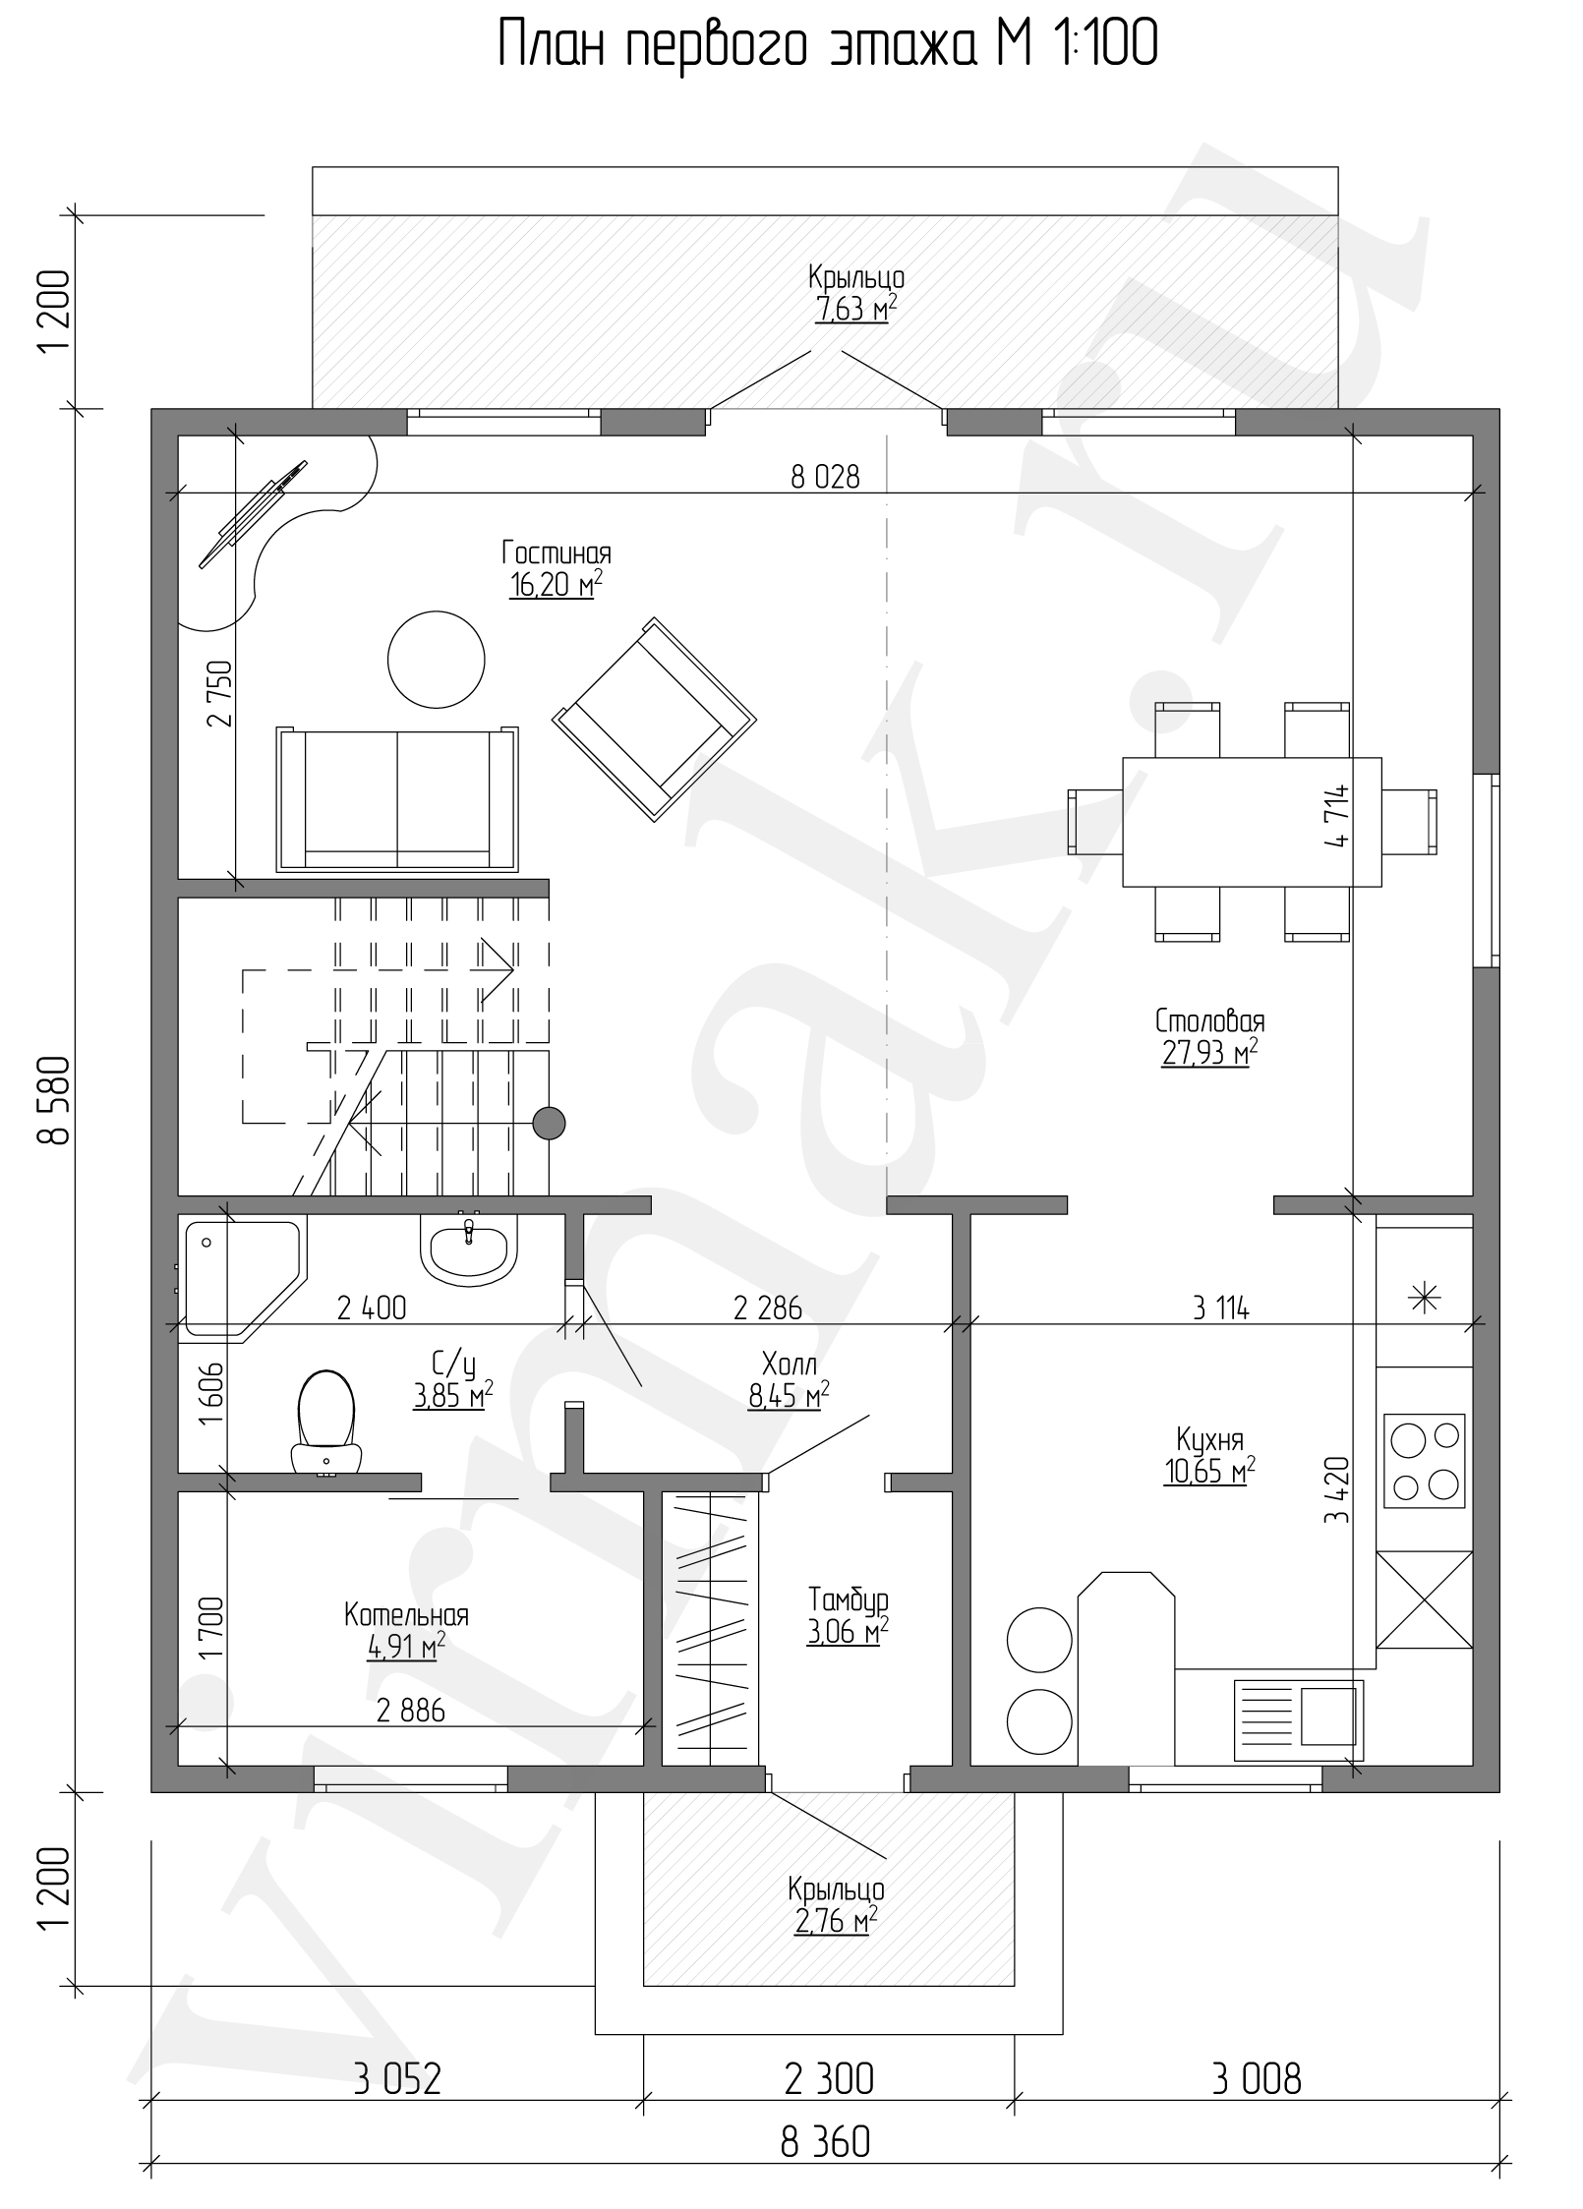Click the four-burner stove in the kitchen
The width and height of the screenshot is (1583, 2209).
(x=1424, y=1461)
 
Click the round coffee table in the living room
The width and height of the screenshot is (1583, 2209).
(x=437, y=659)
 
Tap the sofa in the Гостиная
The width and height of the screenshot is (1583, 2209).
(x=398, y=799)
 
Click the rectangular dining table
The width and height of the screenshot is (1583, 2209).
(x=1252, y=821)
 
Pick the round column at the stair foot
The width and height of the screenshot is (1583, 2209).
(x=549, y=1123)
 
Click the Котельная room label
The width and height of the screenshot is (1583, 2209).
(x=406, y=1614)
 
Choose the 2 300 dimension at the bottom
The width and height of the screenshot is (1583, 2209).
(x=829, y=2071)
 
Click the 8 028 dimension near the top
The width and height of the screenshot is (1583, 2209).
(x=825, y=477)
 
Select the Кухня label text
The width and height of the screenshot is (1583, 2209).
(x=1209, y=1440)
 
